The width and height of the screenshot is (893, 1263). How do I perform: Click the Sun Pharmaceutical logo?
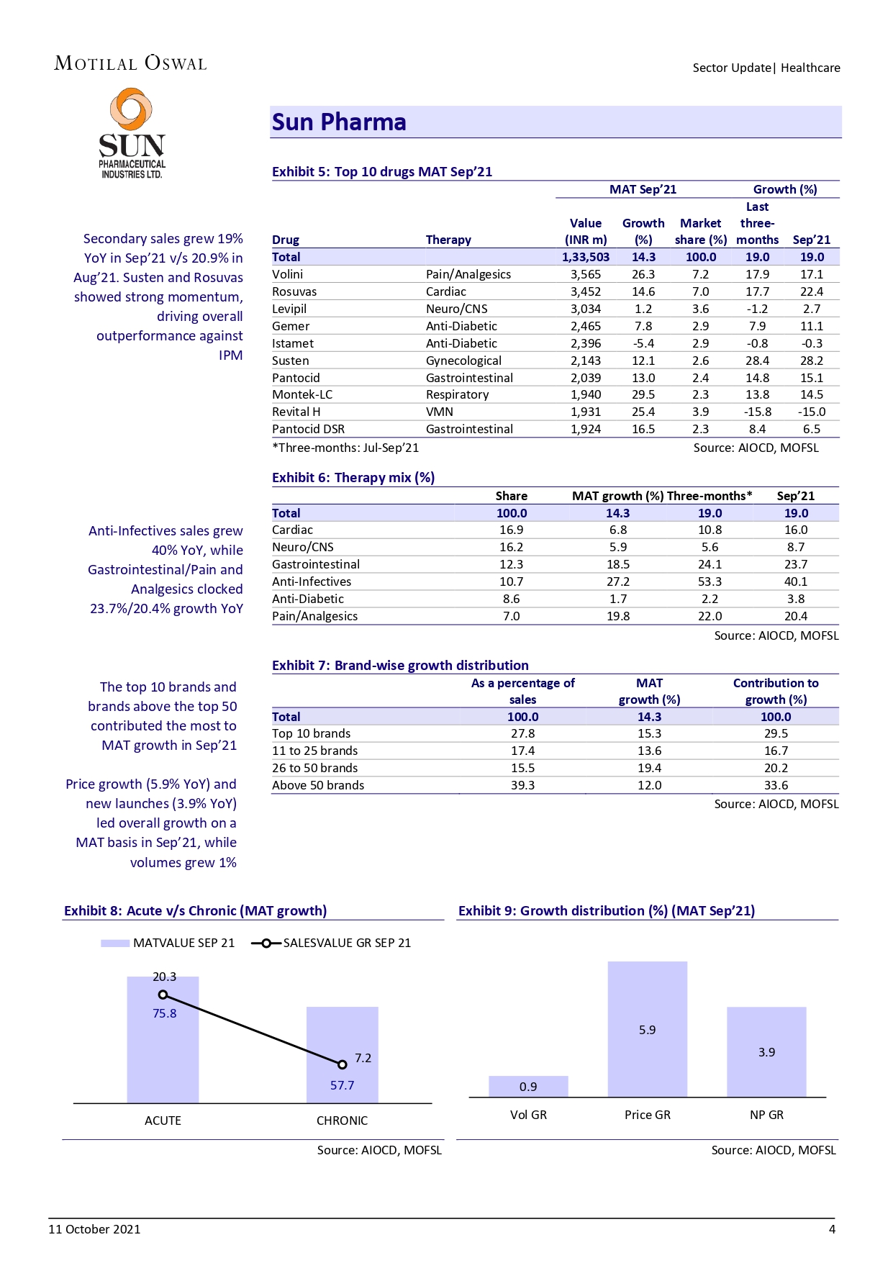[x=132, y=134]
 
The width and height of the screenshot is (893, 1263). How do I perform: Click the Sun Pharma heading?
[x=339, y=122]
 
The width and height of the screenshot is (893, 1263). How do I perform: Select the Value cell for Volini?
[x=585, y=274]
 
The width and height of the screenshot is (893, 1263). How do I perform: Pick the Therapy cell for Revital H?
[x=440, y=412]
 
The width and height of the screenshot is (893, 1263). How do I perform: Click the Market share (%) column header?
[x=700, y=231]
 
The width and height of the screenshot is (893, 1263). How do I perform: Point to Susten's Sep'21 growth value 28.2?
[x=811, y=361]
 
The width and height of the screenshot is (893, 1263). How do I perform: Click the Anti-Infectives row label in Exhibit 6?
[x=312, y=581]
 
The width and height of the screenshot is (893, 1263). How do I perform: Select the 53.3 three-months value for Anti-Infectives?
[x=710, y=581]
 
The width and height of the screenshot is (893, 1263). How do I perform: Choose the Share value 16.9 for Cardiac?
[x=511, y=530]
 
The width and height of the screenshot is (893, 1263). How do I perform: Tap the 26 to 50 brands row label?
[x=314, y=768]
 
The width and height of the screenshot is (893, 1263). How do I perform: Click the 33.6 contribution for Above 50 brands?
[x=776, y=785]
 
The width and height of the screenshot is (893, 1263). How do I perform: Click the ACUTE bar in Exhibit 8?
[x=163, y=1051]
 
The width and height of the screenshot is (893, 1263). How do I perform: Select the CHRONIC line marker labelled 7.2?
[x=343, y=1064]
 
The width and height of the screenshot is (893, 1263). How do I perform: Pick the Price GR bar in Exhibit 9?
[x=647, y=1029]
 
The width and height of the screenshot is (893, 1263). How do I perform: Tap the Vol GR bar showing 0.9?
[x=528, y=1087]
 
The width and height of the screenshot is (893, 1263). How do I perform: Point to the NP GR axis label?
[x=766, y=1115]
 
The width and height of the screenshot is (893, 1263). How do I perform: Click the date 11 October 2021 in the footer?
[x=94, y=1229]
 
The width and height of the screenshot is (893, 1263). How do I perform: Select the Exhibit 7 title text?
[x=400, y=666]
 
